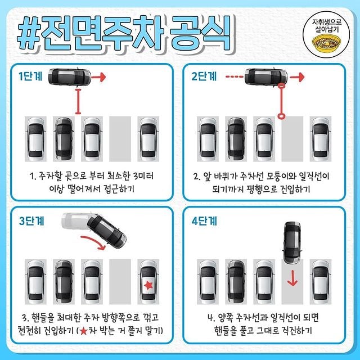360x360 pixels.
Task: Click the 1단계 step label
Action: (x=30, y=76)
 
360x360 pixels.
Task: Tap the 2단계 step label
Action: (x=204, y=76)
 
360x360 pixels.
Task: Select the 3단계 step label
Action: (x=31, y=221)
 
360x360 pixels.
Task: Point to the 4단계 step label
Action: (x=204, y=221)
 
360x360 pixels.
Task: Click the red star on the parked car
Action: (x=148, y=285)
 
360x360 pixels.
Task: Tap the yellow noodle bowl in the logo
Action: (x=326, y=44)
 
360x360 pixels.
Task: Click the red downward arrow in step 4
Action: (x=292, y=278)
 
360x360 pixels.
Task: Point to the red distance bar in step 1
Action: (x=78, y=101)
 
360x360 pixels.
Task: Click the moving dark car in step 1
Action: (x=70, y=76)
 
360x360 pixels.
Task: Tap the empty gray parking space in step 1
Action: (x=120, y=139)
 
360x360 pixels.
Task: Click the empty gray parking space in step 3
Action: (x=120, y=282)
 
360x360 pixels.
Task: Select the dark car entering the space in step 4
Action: (x=292, y=242)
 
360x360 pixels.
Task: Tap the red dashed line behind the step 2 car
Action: (x=234, y=77)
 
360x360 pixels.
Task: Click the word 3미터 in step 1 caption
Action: (x=143, y=176)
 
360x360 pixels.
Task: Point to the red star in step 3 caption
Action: (x=84, y=331)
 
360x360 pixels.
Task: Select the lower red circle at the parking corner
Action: (x=281, y=116)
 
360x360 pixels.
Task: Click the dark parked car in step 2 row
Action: (x=236, y=139)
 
